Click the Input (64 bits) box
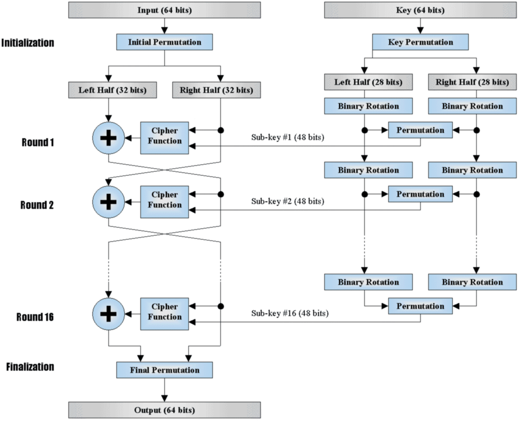pos(164,10)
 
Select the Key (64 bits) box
pos(420,10)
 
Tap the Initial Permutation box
pos(164,42)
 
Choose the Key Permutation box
pos(420,42)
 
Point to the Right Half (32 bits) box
pos(216,90)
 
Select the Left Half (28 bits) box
pos(368,82)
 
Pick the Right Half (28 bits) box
pos(472,82)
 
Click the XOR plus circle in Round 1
pos(108,138)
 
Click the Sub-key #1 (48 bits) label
pos(287,137)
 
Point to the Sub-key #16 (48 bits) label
pos(290,313)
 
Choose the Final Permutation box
pos(164,370)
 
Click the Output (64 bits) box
pos(164,410)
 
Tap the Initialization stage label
pos(28,43)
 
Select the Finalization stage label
pos(30,367)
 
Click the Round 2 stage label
pos(37,205)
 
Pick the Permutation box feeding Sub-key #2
pos(420,194)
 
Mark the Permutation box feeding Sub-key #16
pos(420,306)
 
